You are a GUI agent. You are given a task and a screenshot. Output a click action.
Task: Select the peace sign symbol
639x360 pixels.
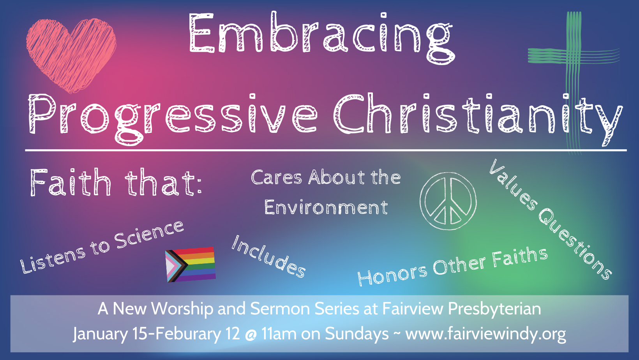pos(448,201)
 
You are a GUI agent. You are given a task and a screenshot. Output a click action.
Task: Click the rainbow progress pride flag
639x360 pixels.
pos(191,264)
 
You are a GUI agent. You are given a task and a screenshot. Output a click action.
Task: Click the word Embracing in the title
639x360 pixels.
pos(321,36)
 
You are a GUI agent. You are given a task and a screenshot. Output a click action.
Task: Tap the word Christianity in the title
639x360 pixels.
pos(477,115)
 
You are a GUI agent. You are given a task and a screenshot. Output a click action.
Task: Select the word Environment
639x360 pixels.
pos(326,207)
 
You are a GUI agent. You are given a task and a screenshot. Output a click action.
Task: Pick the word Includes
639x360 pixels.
pos(268,256)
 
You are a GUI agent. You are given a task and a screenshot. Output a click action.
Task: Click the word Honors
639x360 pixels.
pos(392,274)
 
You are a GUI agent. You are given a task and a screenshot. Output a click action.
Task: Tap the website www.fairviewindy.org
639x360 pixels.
pos(485,334)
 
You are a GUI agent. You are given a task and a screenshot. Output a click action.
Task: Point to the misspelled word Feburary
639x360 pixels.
pos(188,334)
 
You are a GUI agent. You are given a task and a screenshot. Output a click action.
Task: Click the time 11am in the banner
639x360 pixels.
pos(279,334)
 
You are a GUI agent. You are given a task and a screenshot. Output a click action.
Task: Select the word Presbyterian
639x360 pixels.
pos(494,309)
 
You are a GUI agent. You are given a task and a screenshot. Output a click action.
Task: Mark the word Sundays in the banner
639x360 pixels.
pos(357,334)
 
